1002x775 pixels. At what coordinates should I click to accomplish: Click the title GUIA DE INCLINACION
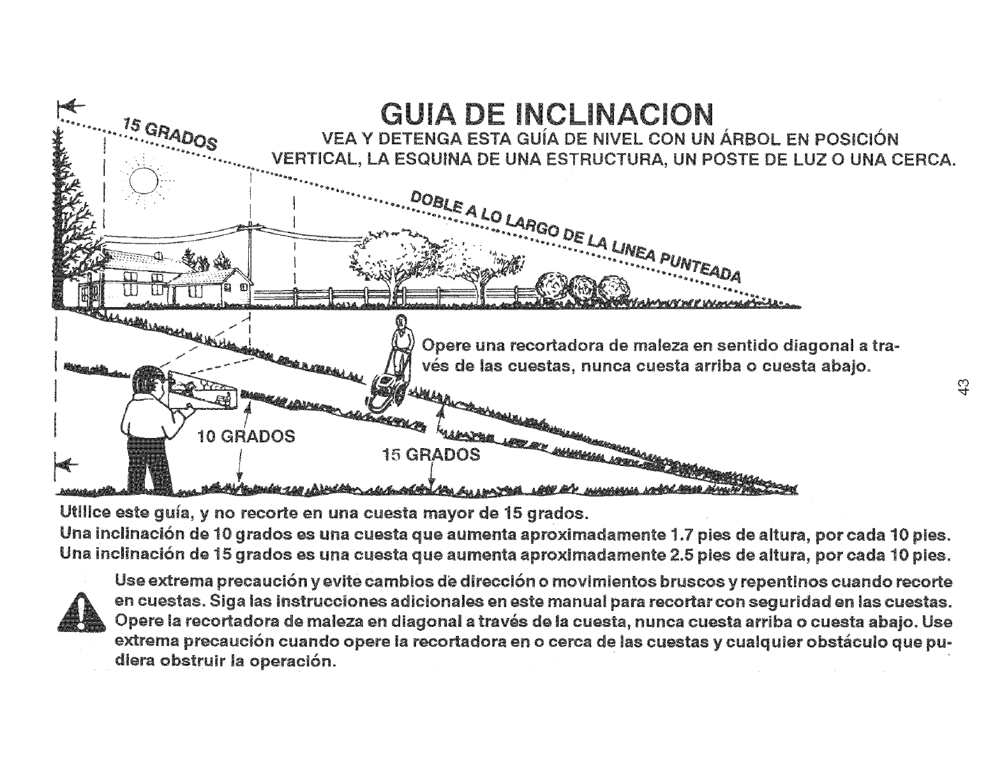point(546,116)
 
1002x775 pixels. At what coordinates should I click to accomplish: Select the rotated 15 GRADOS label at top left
point(169,133)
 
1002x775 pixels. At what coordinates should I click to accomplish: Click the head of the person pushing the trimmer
point(401,322)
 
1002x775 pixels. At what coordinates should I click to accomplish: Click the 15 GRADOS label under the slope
point(430,455)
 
